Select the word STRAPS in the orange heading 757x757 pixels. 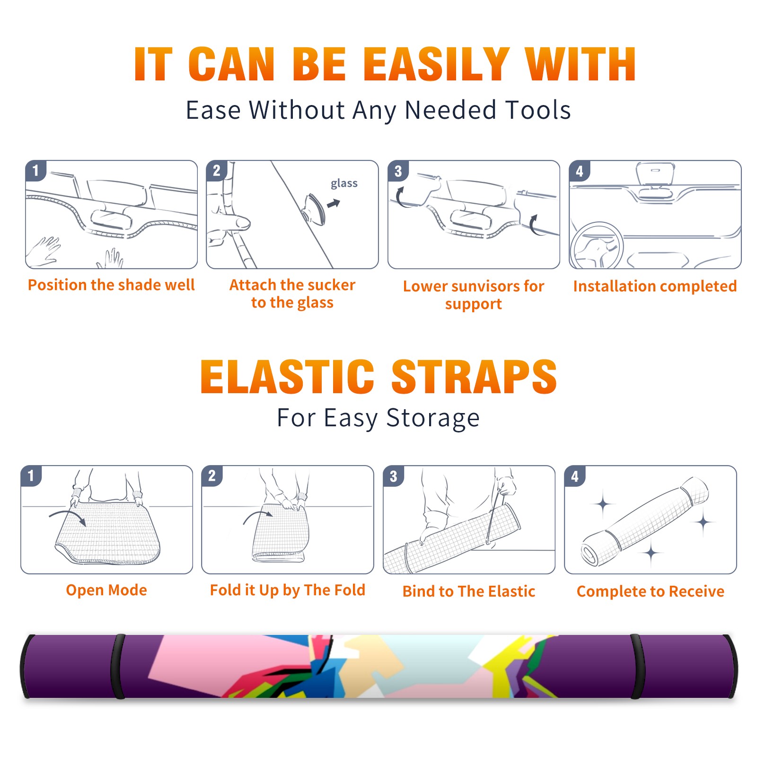[x=474, y=377]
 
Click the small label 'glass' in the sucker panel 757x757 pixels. [x=344, y=184]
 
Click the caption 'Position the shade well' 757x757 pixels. [x=111, y=285]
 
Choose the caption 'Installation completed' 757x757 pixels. [x=655, y=286]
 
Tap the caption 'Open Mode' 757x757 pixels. [x=106, y=590]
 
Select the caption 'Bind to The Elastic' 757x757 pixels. [x=469, y=591]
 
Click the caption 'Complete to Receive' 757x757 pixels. [x=651, y=591]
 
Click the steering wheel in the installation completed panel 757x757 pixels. [x=597, y=245]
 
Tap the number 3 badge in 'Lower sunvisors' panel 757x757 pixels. [x=398, y=171]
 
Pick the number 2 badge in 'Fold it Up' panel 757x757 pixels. [x=212, y=476]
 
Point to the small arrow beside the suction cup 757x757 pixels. [x=334, y=203]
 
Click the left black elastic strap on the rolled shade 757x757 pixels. [x=118, y=666]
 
